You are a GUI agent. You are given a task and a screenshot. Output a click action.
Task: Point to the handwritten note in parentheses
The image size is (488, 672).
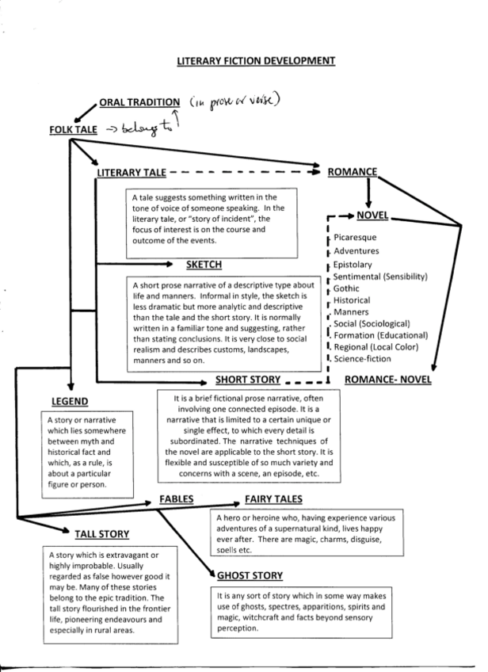point(235,101)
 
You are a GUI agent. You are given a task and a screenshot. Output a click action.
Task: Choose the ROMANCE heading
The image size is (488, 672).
point(352,170)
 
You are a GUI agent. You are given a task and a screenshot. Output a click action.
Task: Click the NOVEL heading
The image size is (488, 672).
point(373,215)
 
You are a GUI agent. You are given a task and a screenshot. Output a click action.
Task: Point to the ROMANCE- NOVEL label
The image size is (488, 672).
point(388,380)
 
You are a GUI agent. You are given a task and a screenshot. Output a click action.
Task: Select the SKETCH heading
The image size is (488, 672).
point(204,264)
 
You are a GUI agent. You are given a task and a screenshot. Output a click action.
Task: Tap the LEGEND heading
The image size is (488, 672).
point(70,402)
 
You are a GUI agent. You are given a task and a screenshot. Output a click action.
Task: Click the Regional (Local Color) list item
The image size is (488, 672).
point(375,347)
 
